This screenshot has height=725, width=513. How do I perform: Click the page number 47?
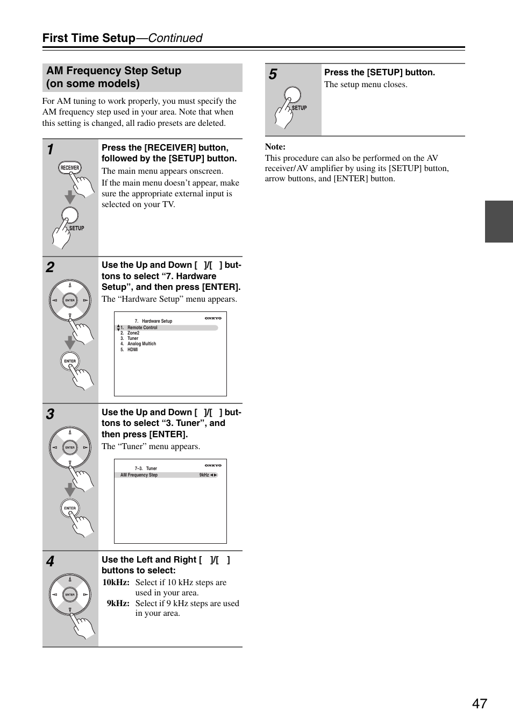[479, 703]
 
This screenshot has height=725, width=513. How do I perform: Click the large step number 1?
[50, 150]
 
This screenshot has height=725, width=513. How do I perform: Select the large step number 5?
[273, 74]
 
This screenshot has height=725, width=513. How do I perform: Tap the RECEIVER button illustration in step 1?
[69, 168]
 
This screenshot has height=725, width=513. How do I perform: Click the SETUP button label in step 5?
[299, 108]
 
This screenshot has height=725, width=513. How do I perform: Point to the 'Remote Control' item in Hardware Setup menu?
[142, 328]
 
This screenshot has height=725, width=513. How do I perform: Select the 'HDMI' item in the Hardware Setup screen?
[132, 350]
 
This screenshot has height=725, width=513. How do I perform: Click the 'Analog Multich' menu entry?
[141, 344]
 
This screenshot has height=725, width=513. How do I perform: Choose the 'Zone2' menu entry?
[133, 333]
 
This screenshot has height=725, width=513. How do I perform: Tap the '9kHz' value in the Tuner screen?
[204, 475]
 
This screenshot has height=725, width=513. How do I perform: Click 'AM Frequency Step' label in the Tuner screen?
[139, 475]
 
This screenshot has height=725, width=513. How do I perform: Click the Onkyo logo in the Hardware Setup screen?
[213, 318]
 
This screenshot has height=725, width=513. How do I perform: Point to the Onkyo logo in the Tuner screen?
[213, 466]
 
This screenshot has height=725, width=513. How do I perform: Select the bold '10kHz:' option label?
[116, 582]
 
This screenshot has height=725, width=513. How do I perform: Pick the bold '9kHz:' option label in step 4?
[118, 603]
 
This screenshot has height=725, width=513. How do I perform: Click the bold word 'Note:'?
[275, 147]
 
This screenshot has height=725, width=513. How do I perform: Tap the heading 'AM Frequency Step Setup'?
[113, 71]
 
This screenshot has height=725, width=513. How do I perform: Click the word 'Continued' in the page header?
[175, 38]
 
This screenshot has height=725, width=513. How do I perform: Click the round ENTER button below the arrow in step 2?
[70, 361]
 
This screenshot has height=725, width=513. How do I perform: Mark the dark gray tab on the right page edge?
[498, 222]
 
